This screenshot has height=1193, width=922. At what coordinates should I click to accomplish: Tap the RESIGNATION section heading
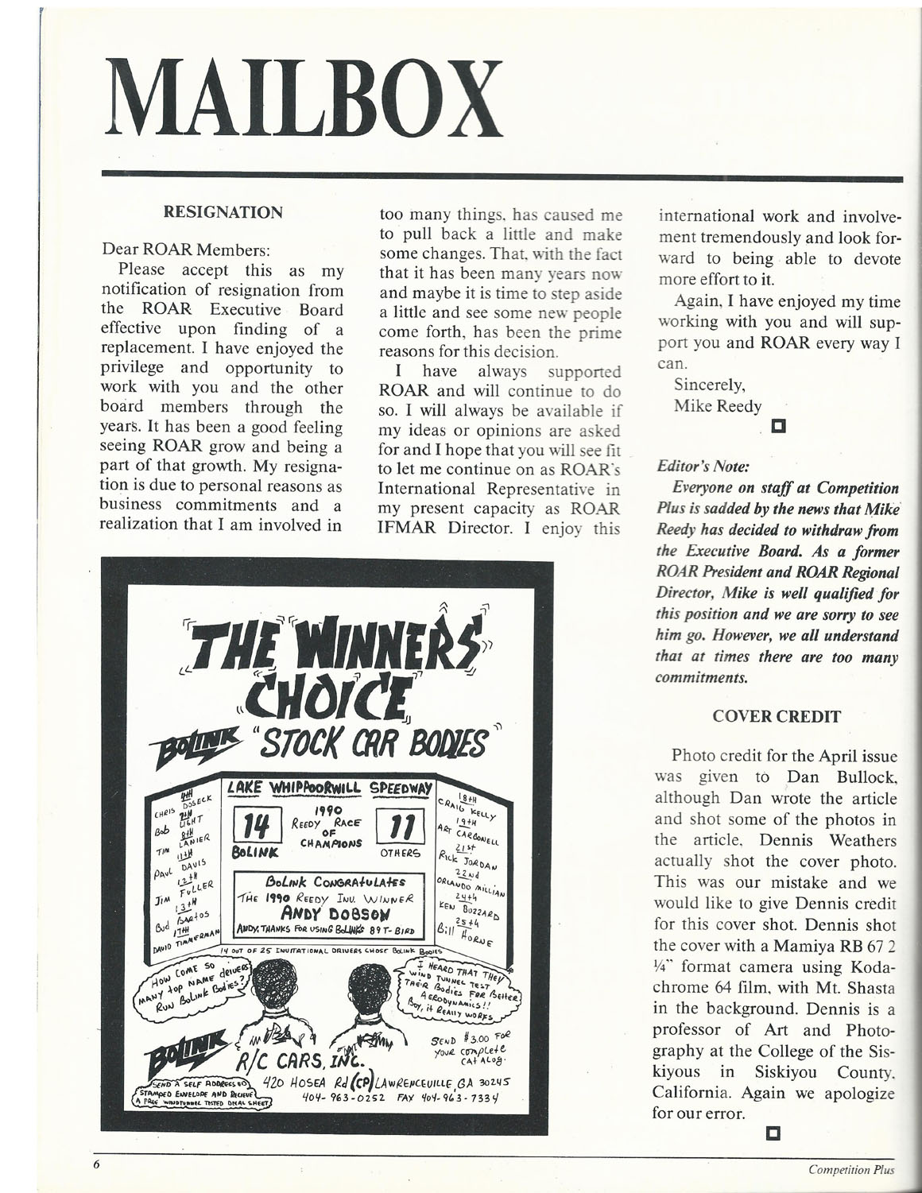222,212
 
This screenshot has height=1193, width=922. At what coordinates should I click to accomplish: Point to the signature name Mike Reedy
717,405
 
